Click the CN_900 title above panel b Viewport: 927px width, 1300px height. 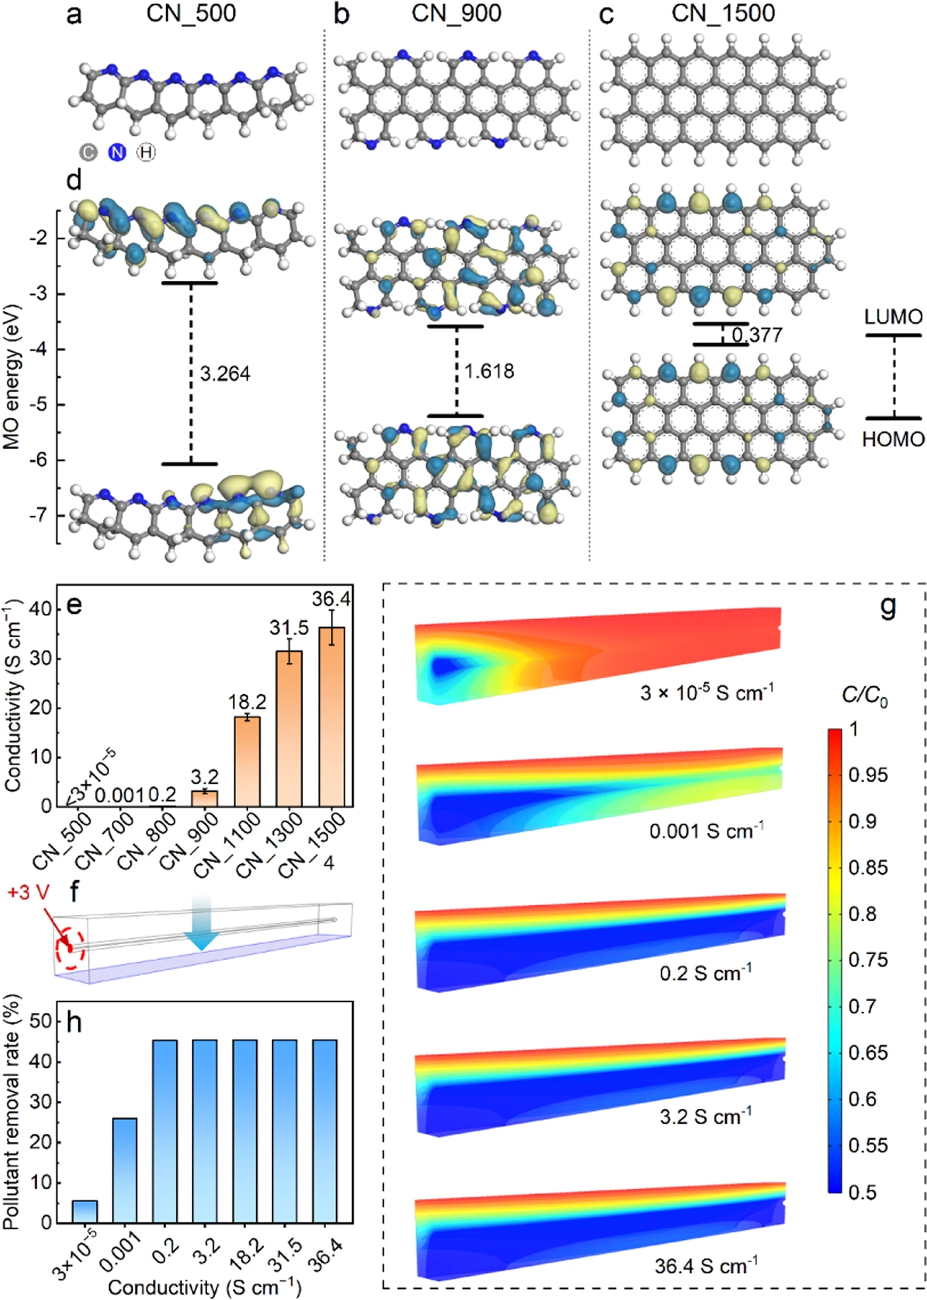pos(456,14)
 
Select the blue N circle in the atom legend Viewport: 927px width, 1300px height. pos(117,152)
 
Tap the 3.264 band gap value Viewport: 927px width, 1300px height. pos(224,374)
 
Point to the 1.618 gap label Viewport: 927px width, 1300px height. pos(489,371)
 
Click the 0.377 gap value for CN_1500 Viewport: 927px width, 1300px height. pos(756,335)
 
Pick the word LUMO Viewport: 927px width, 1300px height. pos(893,317)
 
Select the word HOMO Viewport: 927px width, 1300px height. pos(893,439)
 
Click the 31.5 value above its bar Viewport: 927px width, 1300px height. pos(288,628)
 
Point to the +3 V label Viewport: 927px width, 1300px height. pos(29,893)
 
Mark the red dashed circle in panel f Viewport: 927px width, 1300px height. pos(69,948)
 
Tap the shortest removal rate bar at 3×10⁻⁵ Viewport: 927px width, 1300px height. pos(84,1211)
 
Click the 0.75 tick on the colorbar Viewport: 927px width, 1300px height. pos(867,960)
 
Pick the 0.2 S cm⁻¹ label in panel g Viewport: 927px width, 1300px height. pos(705,973)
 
